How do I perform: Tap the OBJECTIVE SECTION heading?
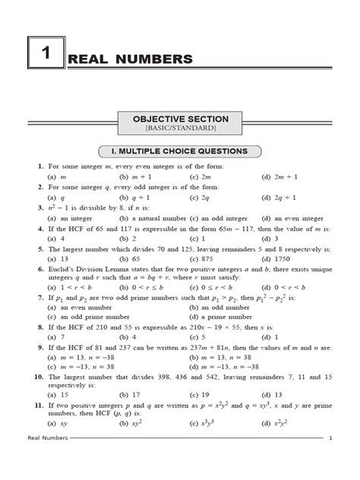pyautogui.click(x=179, y=119)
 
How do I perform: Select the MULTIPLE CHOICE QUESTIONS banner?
pyautogui.click(x=180, y=151)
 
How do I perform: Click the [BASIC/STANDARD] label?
pyautogui.click(x=179, y=130)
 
